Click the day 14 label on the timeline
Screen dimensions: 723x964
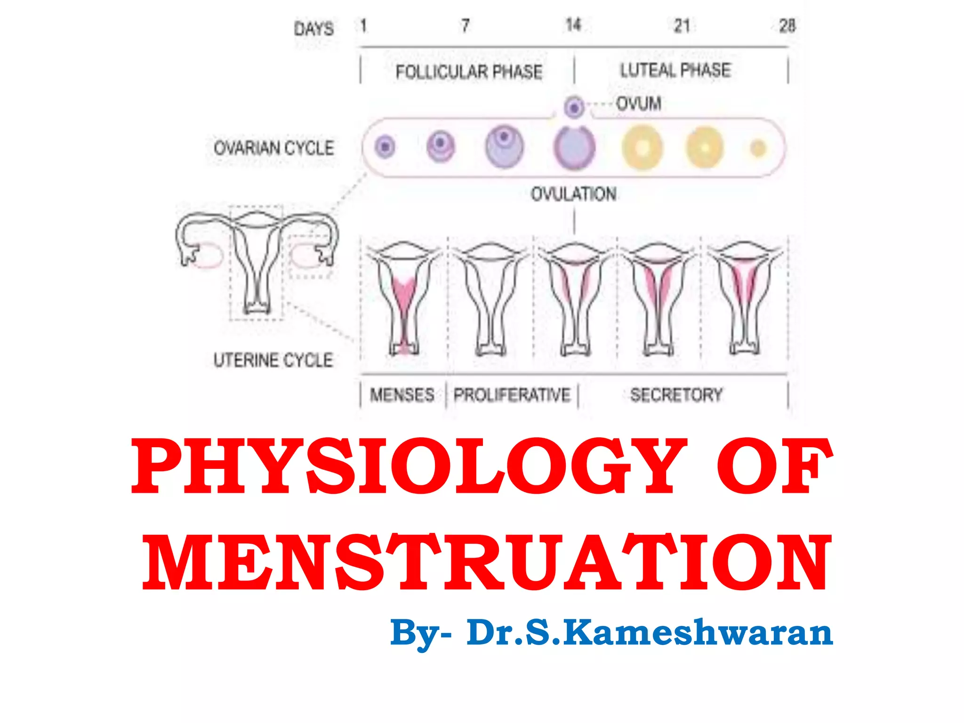point(573,25)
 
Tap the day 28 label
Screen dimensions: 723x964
point(787,25)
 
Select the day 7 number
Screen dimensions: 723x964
point(465,25)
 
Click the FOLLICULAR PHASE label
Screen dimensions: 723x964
point(469,72)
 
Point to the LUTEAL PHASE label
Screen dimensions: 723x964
point(675,70)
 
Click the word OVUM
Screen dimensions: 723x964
point(639,104)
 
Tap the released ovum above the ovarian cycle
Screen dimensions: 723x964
point(574,107)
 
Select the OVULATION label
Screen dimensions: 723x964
point(574,194)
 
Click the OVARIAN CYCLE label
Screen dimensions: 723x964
point(273,148)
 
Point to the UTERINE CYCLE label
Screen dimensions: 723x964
point(273,360)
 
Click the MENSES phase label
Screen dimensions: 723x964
point(402,395)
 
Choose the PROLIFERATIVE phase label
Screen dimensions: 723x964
point(512,395)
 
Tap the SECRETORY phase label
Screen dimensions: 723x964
point(676,395)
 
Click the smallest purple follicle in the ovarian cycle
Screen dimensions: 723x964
point(385,147)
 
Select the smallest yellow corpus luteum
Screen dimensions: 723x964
point(758,148)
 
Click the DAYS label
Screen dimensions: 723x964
point(314,29)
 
